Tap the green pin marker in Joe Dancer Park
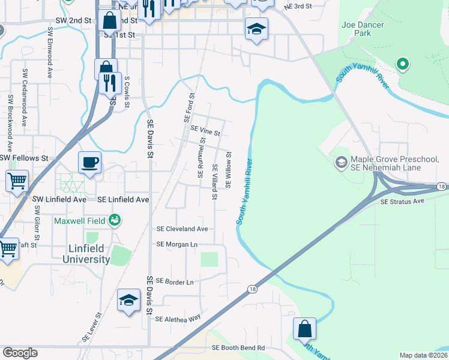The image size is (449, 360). point(402,64)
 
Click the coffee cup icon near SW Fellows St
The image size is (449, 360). point(89,162)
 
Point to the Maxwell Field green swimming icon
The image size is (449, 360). point(114,221)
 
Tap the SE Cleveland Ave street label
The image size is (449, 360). point(182,229)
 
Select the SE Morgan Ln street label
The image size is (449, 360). point(176,245)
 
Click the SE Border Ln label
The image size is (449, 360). point(174,281)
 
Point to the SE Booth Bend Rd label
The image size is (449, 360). point(238,348)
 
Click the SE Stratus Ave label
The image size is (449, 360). point(402,202)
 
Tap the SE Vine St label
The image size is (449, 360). point(205,129)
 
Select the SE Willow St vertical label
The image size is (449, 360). point(228,170)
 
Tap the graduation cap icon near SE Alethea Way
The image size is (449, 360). point(128,301)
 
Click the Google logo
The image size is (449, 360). point(20,353)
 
